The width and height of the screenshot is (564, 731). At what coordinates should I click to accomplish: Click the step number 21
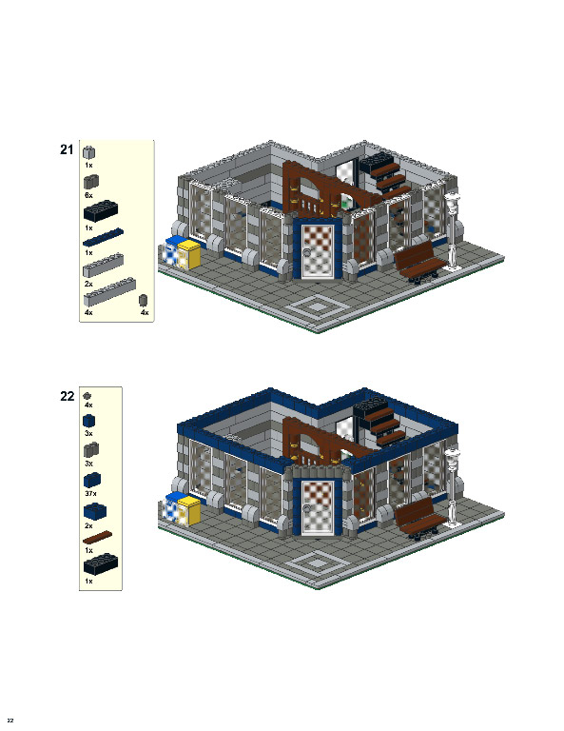coord(67,149)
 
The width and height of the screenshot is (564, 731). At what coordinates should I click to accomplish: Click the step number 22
coord(67,397)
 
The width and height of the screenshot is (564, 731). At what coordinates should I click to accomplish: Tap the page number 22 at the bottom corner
coord(10,720)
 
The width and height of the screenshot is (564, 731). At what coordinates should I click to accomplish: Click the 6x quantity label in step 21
coord(88,194)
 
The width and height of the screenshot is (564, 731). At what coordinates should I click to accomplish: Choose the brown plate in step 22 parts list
coord(101,539)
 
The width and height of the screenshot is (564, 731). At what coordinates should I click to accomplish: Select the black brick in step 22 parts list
coord(101,568)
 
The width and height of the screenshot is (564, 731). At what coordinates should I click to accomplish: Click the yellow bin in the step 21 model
coord(190,255)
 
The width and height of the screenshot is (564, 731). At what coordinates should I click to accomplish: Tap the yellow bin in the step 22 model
coord(190,508)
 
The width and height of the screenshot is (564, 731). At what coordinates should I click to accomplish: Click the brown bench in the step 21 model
coord(419,262)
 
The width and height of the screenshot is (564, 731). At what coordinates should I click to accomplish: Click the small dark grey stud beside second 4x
coord(144,301)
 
